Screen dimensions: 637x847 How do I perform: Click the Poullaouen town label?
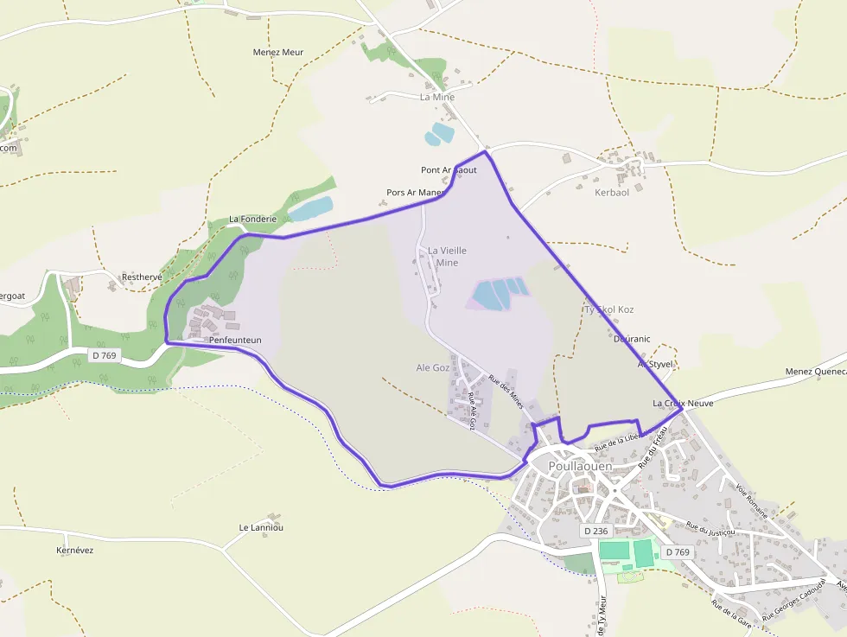[x=580, y=466]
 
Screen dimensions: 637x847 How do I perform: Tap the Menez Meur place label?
[x=278, y=52]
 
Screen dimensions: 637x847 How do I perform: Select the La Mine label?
[x=436, y=97]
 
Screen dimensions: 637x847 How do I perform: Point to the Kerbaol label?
[x=612, y=192]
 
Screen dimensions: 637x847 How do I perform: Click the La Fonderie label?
[x=252, y=220]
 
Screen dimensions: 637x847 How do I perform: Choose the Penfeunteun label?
[x=235, y=341]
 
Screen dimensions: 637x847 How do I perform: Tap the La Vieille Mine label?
[x=447, y=256]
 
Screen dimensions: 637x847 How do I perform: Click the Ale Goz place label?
[x=433, y=367]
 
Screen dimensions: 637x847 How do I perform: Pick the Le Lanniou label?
[x=261, y=527]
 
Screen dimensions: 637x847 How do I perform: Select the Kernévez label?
[x=74, y=550]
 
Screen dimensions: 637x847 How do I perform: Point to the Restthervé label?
[x=142, y=277]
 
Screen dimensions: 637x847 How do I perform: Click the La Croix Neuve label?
[x=683, y=404]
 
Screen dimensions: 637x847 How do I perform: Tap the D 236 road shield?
[x=596, y=531]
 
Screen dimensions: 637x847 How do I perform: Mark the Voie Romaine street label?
[x=752, y=501]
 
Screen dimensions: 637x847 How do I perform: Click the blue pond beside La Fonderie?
[x=310, y=208]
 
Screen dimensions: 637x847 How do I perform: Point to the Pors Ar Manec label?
[x=415, y=192]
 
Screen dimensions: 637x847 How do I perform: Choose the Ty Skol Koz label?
[x=609, y=309]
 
